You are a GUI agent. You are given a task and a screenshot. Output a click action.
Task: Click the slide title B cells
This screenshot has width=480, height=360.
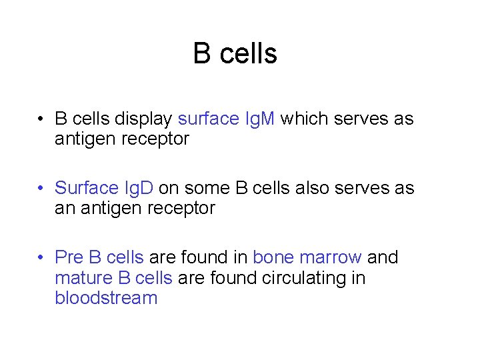(x=235, y=54)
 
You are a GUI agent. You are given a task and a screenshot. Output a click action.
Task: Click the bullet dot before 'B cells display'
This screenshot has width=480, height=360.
(x=41, y=119)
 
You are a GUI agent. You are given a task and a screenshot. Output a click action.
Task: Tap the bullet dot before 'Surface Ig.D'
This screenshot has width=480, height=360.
(x=41, y=189)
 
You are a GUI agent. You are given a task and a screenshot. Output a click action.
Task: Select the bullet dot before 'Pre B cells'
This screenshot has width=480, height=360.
(x=41, y=258)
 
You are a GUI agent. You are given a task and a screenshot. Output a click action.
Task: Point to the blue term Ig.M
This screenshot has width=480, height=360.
(x=260, y=119)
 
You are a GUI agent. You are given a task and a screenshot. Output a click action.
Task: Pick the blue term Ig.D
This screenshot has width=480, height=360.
(x=137, y=189)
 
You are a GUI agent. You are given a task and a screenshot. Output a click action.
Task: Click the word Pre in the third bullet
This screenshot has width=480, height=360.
(x=69, y=257)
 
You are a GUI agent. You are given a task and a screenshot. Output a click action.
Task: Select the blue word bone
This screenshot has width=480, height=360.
(x=274, y=257)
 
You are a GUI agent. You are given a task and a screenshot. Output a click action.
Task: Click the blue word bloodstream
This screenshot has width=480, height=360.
(x=106, y=298)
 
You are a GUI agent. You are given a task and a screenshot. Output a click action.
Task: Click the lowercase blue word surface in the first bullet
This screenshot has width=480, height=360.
(x=208, y=119)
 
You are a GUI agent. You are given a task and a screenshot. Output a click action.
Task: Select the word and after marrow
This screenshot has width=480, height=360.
(x=383, y=257)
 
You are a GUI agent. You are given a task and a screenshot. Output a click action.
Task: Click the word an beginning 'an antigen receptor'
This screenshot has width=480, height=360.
(x=65, y=209)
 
